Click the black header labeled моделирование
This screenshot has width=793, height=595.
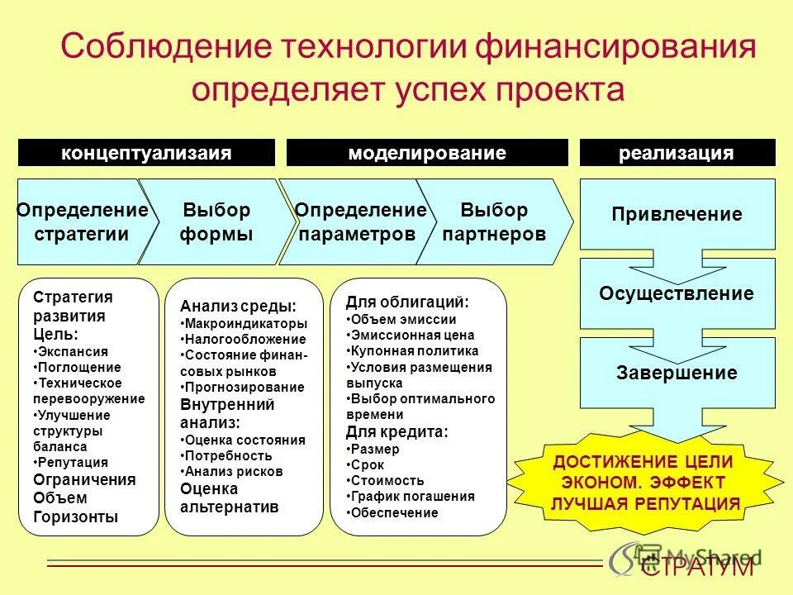tap(427, 153)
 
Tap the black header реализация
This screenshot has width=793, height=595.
tap(677, 153)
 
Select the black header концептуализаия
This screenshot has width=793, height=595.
tap(146, 153)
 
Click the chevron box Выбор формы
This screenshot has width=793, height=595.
tap(216, 221)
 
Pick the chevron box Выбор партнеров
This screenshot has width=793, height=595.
tap(494, 221)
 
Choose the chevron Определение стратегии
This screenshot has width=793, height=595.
tap(82, 221)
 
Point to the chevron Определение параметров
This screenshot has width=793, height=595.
tap(360, 221)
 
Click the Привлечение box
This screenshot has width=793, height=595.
tap(677, 215)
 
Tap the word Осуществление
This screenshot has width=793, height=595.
tap(677, 293)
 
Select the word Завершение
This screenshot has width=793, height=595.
tap(677, 373)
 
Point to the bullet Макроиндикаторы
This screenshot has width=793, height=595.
tap(245, 323)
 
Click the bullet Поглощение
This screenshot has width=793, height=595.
tap(79, 367)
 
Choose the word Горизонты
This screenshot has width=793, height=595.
tap(75, 517)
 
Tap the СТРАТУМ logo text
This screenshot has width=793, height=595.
tap(698, 566)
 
